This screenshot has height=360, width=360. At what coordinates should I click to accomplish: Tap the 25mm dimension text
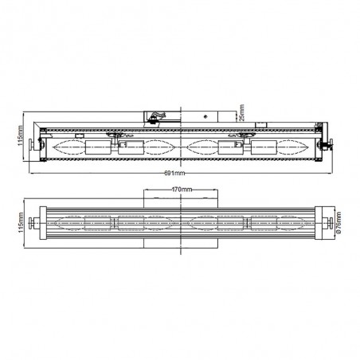[x=241, y=115]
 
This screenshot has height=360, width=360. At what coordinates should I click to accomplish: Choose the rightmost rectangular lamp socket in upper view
[x=263, y=147]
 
